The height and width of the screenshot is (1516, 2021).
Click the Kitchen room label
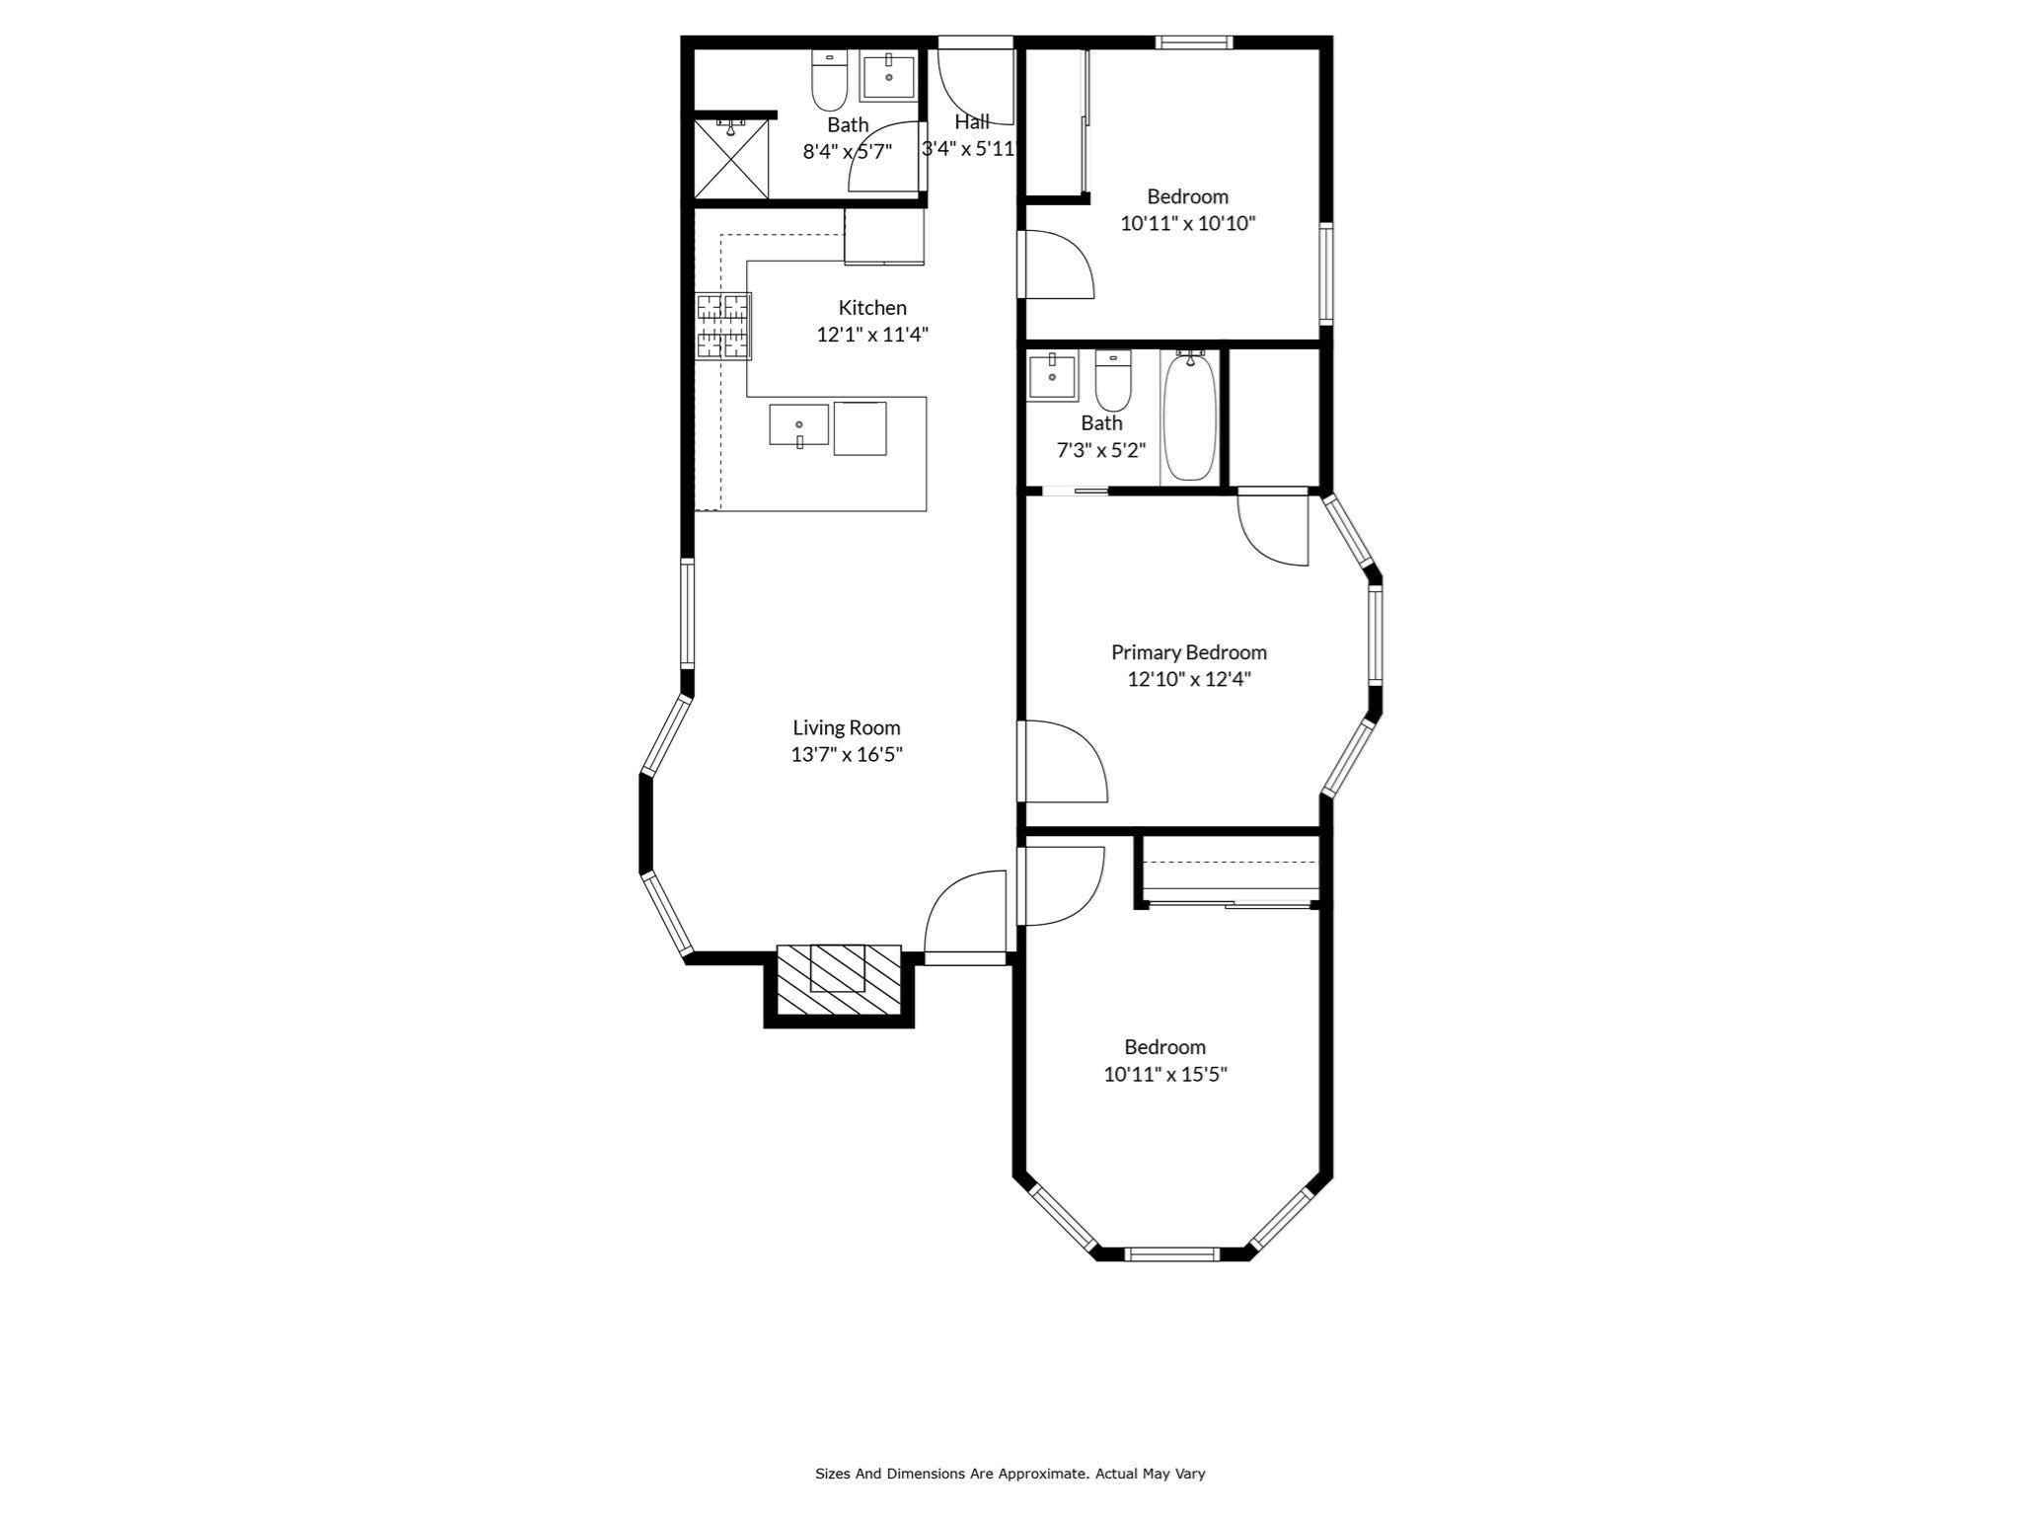872,307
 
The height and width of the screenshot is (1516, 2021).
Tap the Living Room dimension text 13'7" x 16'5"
847,755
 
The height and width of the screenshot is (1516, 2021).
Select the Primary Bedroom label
1188,652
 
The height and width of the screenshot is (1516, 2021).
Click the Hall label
972,122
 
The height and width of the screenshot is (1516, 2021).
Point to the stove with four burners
723,326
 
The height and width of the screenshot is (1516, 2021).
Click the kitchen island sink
798,425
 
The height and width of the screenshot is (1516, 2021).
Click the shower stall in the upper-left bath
731,158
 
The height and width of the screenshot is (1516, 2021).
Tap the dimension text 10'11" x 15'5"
1164,1074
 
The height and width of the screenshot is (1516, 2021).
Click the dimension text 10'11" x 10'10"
1187,223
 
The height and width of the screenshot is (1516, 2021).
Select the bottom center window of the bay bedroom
1172,1253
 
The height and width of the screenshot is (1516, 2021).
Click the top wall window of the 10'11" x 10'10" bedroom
1194,42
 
